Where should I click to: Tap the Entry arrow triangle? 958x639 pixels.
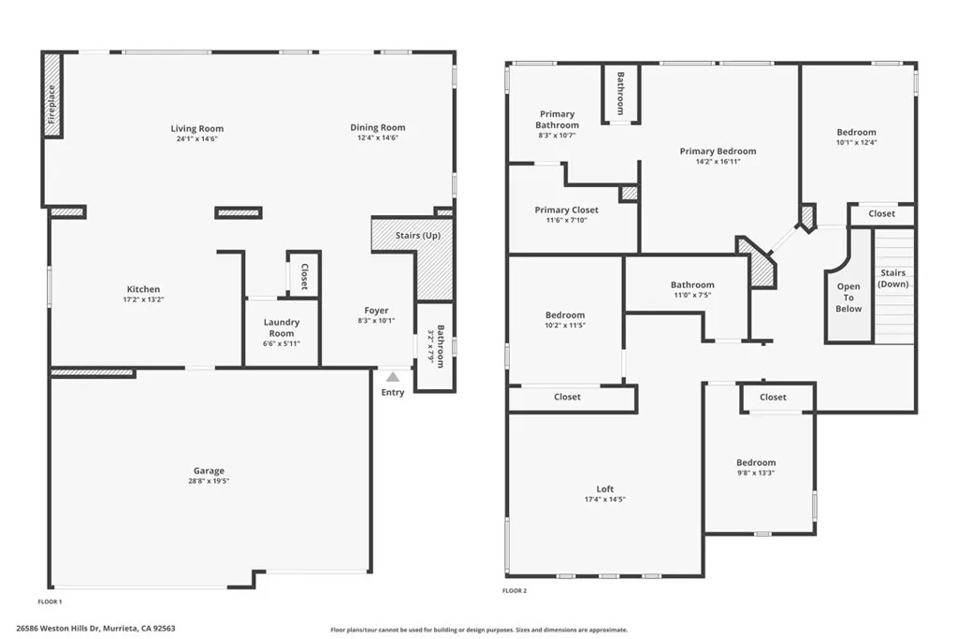(393, 377)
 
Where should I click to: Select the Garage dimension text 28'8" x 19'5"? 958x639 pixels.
(210, 481)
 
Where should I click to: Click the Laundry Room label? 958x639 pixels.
(282, 327)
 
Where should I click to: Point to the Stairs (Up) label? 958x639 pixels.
(418, 235)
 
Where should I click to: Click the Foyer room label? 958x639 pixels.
(376, 311)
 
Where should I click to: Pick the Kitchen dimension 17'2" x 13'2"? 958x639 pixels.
(143, 300)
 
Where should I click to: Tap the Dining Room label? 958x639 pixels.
(378, 127)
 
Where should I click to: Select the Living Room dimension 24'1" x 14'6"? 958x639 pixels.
(196, 138)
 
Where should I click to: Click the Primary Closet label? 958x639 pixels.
(566, 210)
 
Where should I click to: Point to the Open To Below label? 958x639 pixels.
(849, 298)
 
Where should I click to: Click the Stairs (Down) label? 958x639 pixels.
(893, 278)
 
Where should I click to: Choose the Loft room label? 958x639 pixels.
(605, 489)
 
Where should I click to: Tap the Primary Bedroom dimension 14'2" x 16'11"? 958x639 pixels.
(718, 161)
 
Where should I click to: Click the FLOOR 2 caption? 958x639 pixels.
(515, 591)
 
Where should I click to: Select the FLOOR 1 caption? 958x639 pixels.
(50, 602)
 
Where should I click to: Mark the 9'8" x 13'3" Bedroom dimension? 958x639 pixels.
(755, 472)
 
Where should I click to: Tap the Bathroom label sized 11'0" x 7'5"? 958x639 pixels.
(692, 284)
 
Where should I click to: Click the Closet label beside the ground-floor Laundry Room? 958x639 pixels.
(304, 277)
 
